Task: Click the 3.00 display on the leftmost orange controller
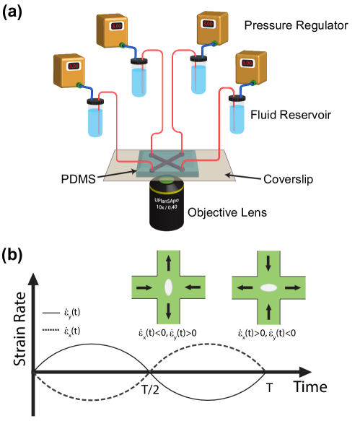pyautogui.click(x=73, y=66)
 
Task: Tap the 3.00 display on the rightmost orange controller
pyautogui.click(x=247, y=63)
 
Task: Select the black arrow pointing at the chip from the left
pyautogui.click(x=119, y=173)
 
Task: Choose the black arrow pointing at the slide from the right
pyautogui.click(x=242, y=176)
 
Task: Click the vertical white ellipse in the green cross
pyautogui.click(x=168, y=287)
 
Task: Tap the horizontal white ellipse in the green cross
pyautogui.click(x=268, y=287)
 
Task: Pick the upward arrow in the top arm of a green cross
pyautogui.click(x=168, y=262)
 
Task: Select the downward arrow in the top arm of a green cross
pyautogui.click(x=268, y=262)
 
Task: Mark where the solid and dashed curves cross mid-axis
pyautogui.click(x=149, y=372)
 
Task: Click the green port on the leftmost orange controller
pyautogui.click(x=79, y=85)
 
